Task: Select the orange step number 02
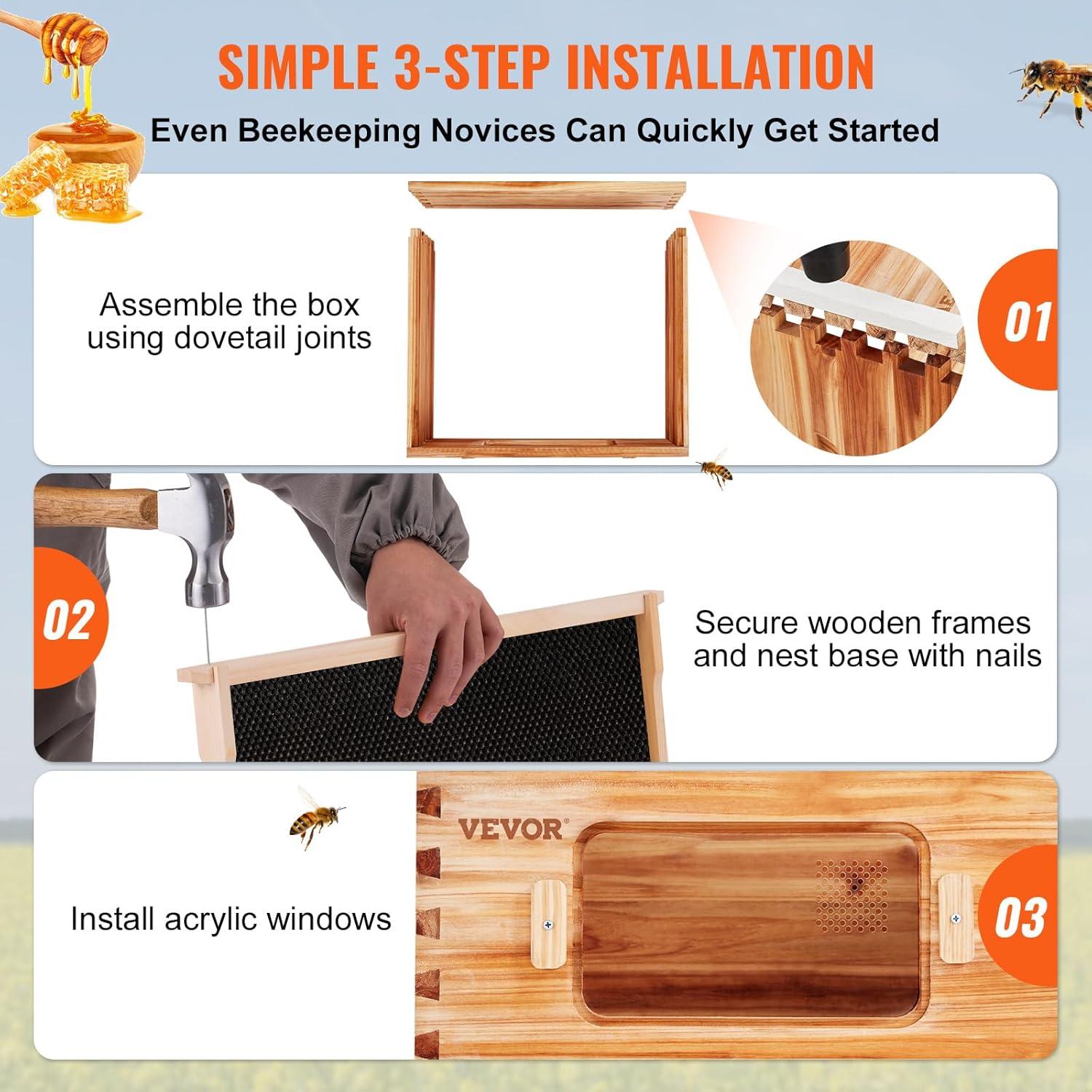coord(68,620)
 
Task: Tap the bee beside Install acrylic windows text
coord(315,818)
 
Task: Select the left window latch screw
coord(548,925)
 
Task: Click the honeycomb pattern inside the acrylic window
coord(852,895)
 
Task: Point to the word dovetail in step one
coord(249,339)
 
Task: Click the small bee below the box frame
coord(715,470)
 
